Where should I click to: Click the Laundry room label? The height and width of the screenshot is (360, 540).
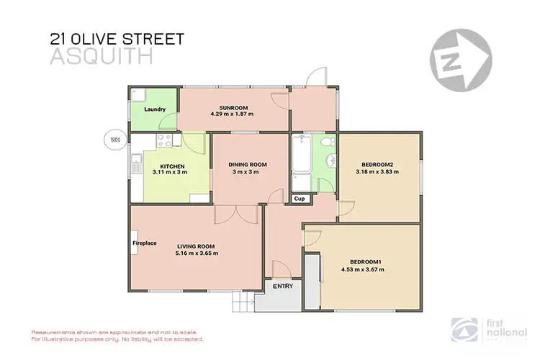pyautogui.click(x=155, y=109)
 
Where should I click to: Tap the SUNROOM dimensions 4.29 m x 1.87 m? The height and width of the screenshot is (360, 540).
pyautogui.click(x=232, y=114)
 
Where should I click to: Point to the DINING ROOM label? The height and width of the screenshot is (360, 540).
pyautogui.click(x=248, y=164)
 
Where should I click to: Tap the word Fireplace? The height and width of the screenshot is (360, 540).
pyautogui.click(x=144, y=243)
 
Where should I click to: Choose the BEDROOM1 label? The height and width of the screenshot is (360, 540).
pyautogui.click(x=366, y=262)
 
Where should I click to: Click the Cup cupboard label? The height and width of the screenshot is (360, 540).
pyautogui.click(x=299, y=198)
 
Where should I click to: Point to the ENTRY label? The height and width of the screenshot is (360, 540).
pyautogui.click(x=282, y=286)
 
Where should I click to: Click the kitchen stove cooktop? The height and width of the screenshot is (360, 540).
pyautogui.click(x=163, y=141)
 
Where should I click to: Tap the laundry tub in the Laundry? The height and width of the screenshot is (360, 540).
pyautogui.click(x=140, y=96)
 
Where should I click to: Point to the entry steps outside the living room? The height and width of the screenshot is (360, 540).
pyautogui.click(x=243, y=303)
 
